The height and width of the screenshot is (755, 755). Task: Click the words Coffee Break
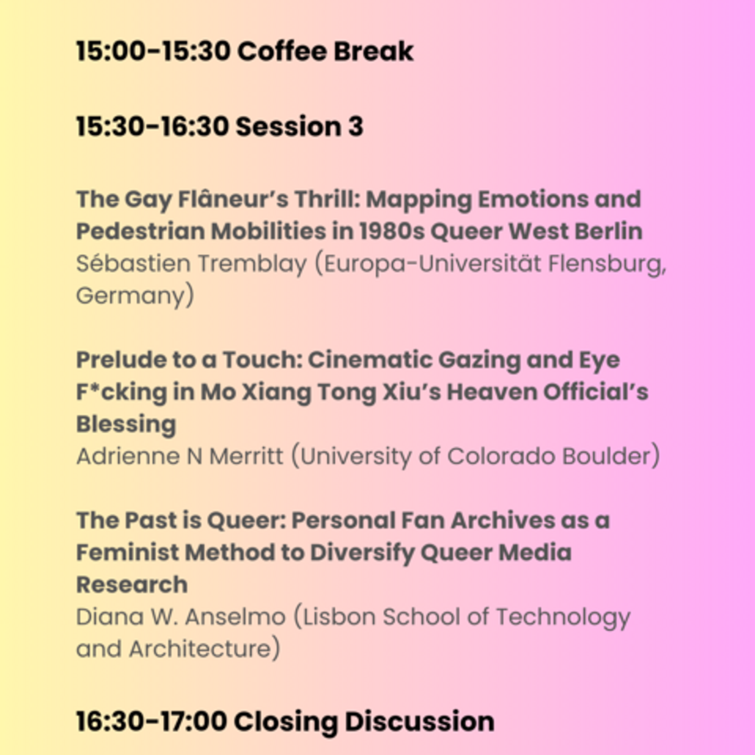(325, 51)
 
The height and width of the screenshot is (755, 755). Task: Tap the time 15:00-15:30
(153, 51)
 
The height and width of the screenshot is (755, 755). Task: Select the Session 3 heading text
(300, 126)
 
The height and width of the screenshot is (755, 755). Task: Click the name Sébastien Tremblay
(191, 263)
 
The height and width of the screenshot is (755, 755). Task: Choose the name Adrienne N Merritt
(179, 456)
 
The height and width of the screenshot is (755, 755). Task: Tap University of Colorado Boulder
(475, 456)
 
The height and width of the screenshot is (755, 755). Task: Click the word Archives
(503, 520)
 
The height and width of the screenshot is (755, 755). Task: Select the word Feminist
(127, 553)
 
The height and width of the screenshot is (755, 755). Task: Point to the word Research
(132, 585)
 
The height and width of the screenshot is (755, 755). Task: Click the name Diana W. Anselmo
(180, 617)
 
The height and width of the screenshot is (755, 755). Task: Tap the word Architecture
(200, 649)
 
